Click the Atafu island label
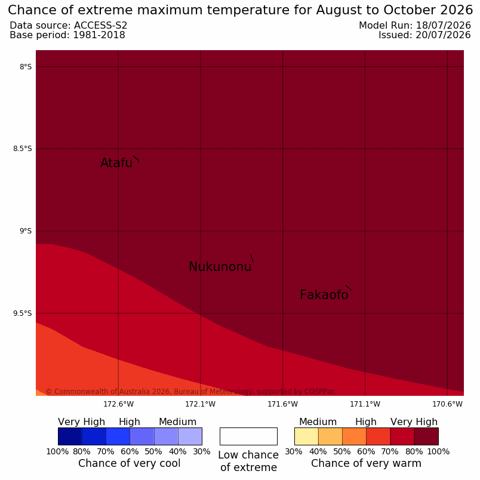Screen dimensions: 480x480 click(116, 163)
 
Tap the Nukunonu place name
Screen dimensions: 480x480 click(220, 267)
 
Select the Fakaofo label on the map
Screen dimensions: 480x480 click(324, 295)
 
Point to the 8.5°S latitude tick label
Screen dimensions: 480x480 click(22, 149)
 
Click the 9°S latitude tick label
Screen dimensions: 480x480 click(26, 231)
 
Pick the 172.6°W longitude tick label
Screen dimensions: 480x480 click(118, 404)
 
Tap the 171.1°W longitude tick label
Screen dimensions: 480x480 click(365, 404)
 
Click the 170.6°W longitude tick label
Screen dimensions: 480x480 click(447, 404)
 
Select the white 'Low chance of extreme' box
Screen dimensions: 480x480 click(248, 436)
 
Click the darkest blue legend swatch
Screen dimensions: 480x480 click(70, 436)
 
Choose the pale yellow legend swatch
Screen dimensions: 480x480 click(306, 436)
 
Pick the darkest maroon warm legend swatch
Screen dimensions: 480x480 click(426, 436)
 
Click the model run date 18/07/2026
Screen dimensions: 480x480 click(443, 26)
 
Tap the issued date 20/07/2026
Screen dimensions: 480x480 click(443, 35)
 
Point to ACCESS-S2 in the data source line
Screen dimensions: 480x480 click(100, 26)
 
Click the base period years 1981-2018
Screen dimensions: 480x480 click(99, 35)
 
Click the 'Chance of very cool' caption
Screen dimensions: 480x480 click(129, 463)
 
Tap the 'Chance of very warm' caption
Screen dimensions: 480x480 click(366, 463)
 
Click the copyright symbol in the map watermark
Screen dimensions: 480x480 click(49, 392)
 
